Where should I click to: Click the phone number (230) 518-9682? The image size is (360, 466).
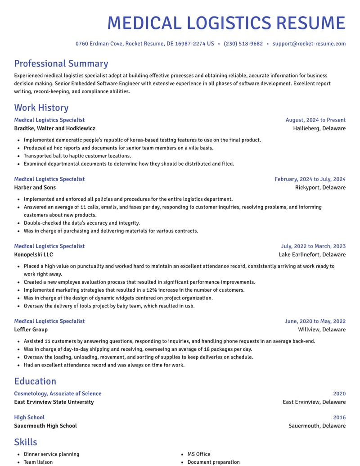coord(243,44)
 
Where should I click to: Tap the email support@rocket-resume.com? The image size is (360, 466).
coord(309,44)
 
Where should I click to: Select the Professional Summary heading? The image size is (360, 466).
coord(61,63)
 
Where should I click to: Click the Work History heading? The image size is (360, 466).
coord(41,108)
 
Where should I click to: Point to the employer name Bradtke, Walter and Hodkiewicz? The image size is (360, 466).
coord(54,128)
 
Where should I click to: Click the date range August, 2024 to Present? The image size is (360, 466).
coord(315,120)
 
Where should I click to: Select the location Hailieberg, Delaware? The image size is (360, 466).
coord(319,128)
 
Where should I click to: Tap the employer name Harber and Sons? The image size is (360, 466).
coord(35,187)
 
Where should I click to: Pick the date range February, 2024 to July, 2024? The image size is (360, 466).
coord(310,179)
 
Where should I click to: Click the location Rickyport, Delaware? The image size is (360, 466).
coord(320,187)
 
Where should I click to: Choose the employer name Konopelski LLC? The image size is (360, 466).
coord(33,254)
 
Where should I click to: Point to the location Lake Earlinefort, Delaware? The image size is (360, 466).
coord(312,254)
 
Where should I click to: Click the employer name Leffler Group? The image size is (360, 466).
coord(31,330)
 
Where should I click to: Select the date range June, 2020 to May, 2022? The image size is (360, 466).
coord(315,321)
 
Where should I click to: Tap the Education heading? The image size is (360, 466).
coord(35,381)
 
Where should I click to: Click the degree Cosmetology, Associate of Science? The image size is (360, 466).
coord(58,394)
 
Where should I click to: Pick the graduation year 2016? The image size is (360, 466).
coord(339,417)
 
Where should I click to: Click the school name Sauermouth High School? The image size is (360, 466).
coord(45,425)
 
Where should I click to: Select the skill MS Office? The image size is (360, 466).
coord(199,454)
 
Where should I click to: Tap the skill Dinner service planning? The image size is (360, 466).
coord(51,454)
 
